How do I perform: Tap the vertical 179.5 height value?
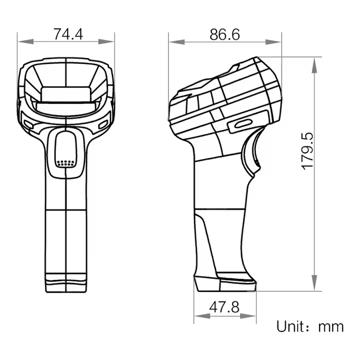307,150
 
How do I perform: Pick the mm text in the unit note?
331,327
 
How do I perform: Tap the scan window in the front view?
66,94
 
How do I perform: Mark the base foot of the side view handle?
225,283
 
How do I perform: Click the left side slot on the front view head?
27,122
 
